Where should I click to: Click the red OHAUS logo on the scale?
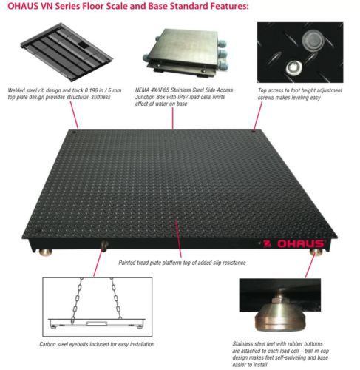click(x=294, y=243)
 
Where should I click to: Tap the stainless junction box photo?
click(x=186, y=53)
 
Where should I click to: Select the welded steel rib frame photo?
click(x=67, y=52)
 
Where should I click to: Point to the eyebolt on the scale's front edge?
click(x=104, y=246)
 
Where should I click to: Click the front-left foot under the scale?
click(x=45, y=252)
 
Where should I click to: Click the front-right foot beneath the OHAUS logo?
click(x=316, y=252)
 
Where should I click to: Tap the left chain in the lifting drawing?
click(x=77, y=300)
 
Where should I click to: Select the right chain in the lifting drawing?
click(x=116, y=298)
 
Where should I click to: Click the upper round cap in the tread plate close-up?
click(x=312, y=40)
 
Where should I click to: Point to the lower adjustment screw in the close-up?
click(x=294, y=67)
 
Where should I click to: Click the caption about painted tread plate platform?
click(x=182, y=263)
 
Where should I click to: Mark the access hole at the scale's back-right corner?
click(x=254, y=132)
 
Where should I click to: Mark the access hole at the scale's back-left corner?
click(x=73, y=132)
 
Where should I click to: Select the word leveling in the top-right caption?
click(x=299, y=98)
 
